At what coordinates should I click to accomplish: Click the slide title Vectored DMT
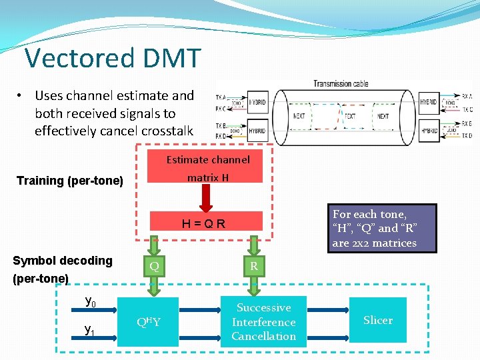click(x=112, y=58)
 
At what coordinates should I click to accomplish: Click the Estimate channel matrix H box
click(x=207, y=168)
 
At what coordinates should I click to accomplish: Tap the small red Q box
click(x=154, y=266)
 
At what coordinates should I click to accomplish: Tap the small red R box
click(x=253, y=266)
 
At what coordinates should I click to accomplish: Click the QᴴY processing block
click(x=148, y=322)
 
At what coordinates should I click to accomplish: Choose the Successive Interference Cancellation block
click(x=263, y=322)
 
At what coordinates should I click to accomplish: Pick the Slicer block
click(x=377, y=321)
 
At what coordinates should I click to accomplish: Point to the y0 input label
click(x=91, y=301)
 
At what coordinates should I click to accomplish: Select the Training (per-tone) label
click(x=69, y=181)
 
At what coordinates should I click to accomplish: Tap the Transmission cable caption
click(x=341, y=84)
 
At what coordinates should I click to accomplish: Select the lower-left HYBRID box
click(x=257, y=131)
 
